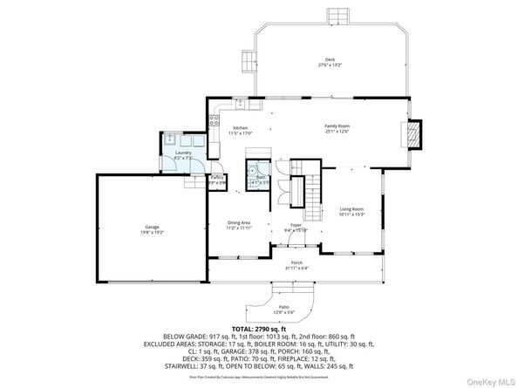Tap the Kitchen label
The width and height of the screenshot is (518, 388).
240,127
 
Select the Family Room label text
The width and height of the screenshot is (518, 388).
337,127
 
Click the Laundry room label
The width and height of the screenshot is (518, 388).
183,153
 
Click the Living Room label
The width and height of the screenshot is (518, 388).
351,209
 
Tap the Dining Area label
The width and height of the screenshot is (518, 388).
240,222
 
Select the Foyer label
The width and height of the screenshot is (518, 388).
296,225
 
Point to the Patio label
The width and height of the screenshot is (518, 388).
284,307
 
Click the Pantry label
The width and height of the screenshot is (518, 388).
217,177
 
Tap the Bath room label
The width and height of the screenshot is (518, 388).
260,177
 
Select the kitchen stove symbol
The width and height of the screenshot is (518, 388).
213,123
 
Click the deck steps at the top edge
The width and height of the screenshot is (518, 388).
337,18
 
